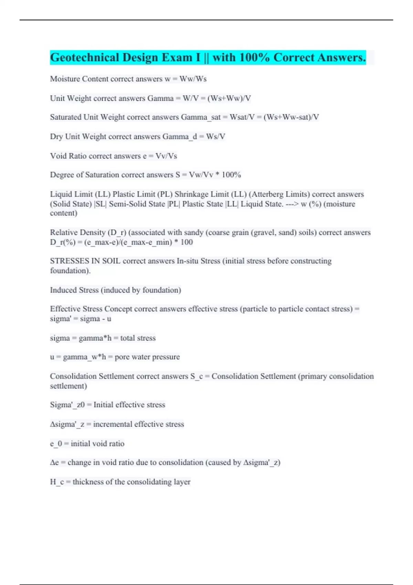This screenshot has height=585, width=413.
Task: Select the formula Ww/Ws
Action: pyautogui.click(x=193, y=79)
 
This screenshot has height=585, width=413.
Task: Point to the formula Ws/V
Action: pyautogui.click(x=215, y=137)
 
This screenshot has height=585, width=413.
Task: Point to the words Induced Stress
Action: pyautogui.click(x=74, y=290)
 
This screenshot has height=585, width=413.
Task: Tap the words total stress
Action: pyautogui.click(x=138, y=338)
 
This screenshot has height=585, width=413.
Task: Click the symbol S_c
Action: pyautogui.click(x=197, y=376)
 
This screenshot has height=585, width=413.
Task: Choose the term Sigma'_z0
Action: pyautogui.click(x=67, y=405)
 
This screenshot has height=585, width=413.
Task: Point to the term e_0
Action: pyautogui.click(x=56, y=444)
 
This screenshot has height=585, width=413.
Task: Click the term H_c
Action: pyautogui.click(x=57, y=482)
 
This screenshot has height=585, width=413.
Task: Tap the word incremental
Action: pyautogui.click(x=113, y=424)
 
